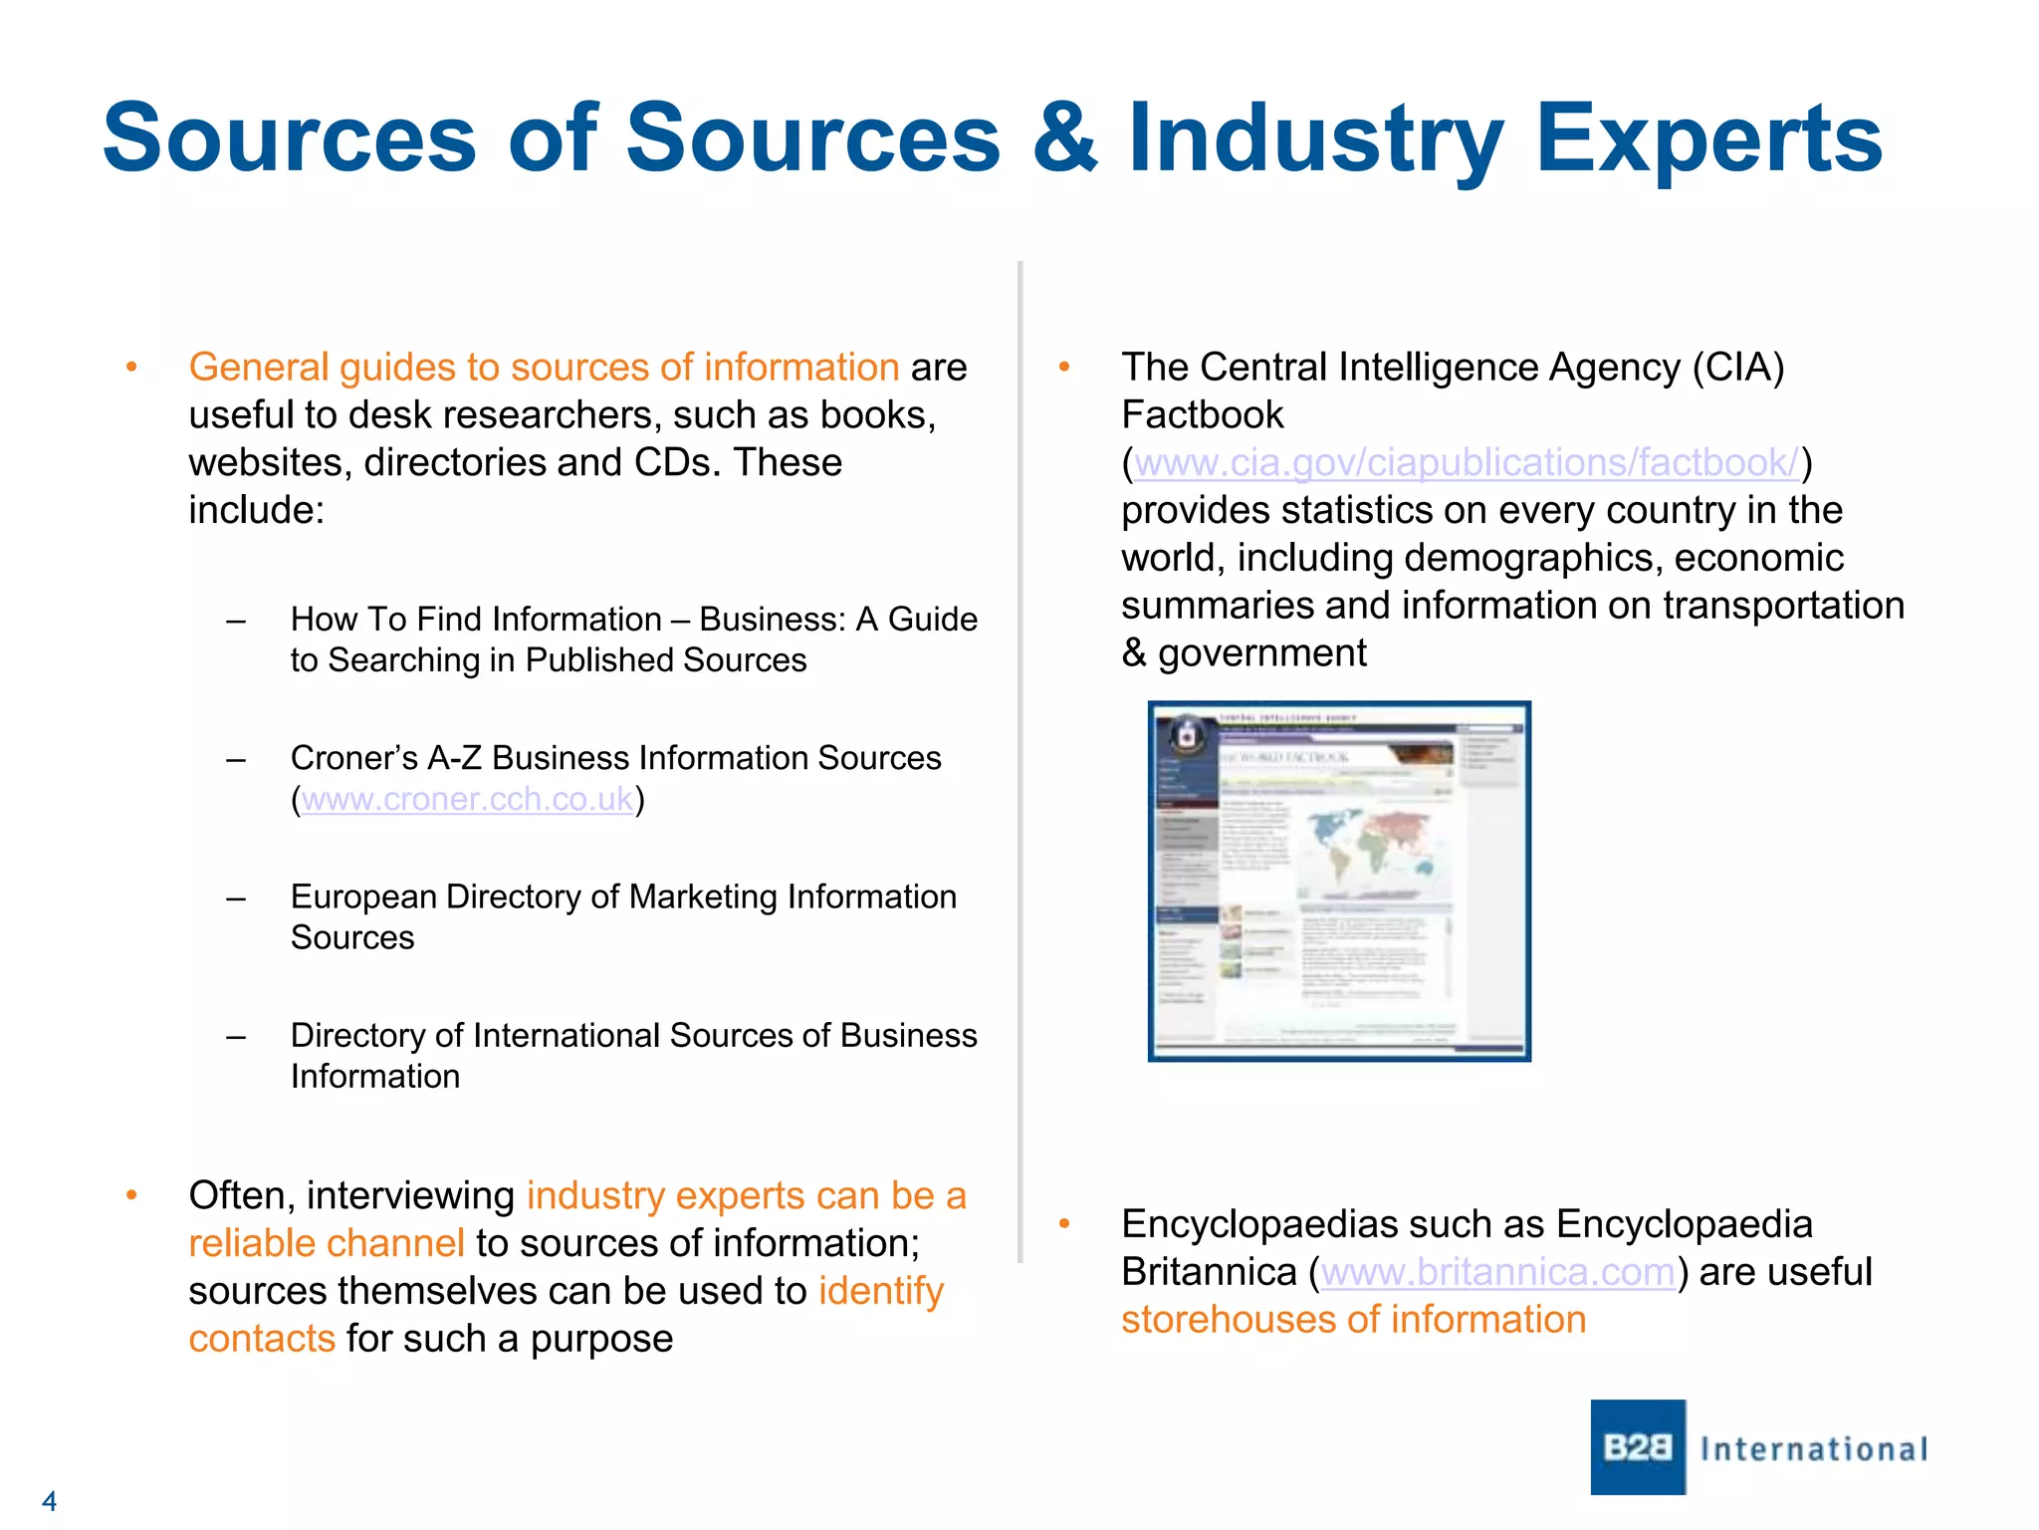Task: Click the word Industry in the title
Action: [1314, 139]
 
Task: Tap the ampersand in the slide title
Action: [1063, 139]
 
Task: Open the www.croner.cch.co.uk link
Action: [467, 799]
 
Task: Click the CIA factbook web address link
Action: [1466, 463]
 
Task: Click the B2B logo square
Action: [1637, 1446]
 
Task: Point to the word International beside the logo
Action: [1814, 1448]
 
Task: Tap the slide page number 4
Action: [49, 1500]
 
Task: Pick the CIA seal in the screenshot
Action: [1185, 737]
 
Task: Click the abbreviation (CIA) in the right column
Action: [1738, 368]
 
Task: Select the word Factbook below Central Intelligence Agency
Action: [1202, 415]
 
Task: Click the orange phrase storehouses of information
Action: [1352, 1320]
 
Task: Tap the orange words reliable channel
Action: [326, 1243]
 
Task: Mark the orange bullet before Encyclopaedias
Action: [1063, 1224]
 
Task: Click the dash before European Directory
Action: [236, 897]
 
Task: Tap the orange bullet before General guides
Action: [131, 368]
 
